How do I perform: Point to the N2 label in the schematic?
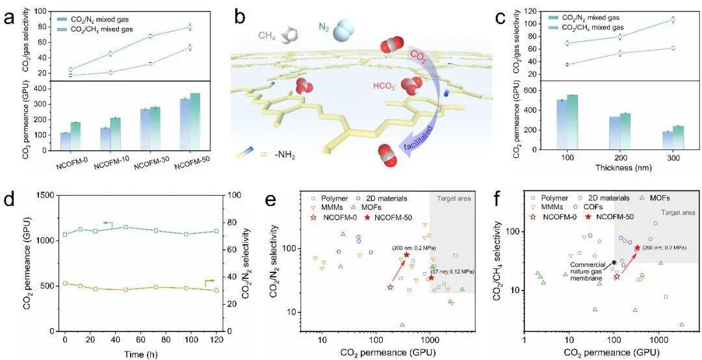tap(325, 27)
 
